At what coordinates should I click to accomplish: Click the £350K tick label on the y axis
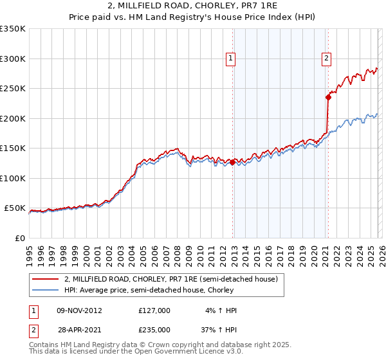[x=13, y=29]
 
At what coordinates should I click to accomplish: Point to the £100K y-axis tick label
[x=13, y=178]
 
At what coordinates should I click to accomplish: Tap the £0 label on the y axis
[x=21, y=238]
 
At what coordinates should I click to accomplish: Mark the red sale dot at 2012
[x=232, y=163]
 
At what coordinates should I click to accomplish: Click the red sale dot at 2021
[x=328, y=98]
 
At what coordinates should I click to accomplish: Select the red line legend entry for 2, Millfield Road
[x=170, y=279]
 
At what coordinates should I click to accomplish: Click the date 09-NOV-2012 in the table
[x=79, y=310]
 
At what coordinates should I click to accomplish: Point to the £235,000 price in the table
[x=154, y=329]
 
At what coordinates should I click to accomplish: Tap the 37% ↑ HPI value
[x=219, y=329]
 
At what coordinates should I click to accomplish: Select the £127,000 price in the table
[x=154, y=310]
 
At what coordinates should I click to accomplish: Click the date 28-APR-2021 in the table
[x=79, y=329]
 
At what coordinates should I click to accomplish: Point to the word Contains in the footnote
[x=45, y=345]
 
